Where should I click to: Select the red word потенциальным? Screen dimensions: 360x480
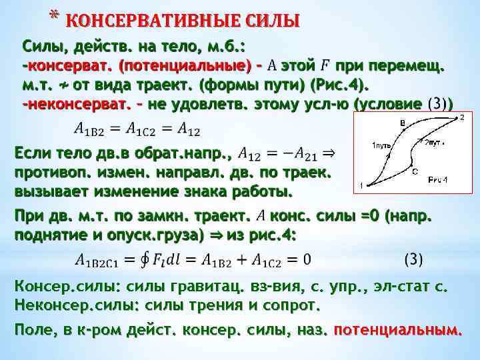pyautogui.click(x=397, y=329)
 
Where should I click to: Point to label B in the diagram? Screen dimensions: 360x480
pyautogui.click(x=403, y=123)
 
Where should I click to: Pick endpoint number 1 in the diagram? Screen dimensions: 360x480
pyautogui.click(x=361, y=185)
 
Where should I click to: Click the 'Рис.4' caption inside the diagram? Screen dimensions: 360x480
pyautogui.click(x=438, y=179)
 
